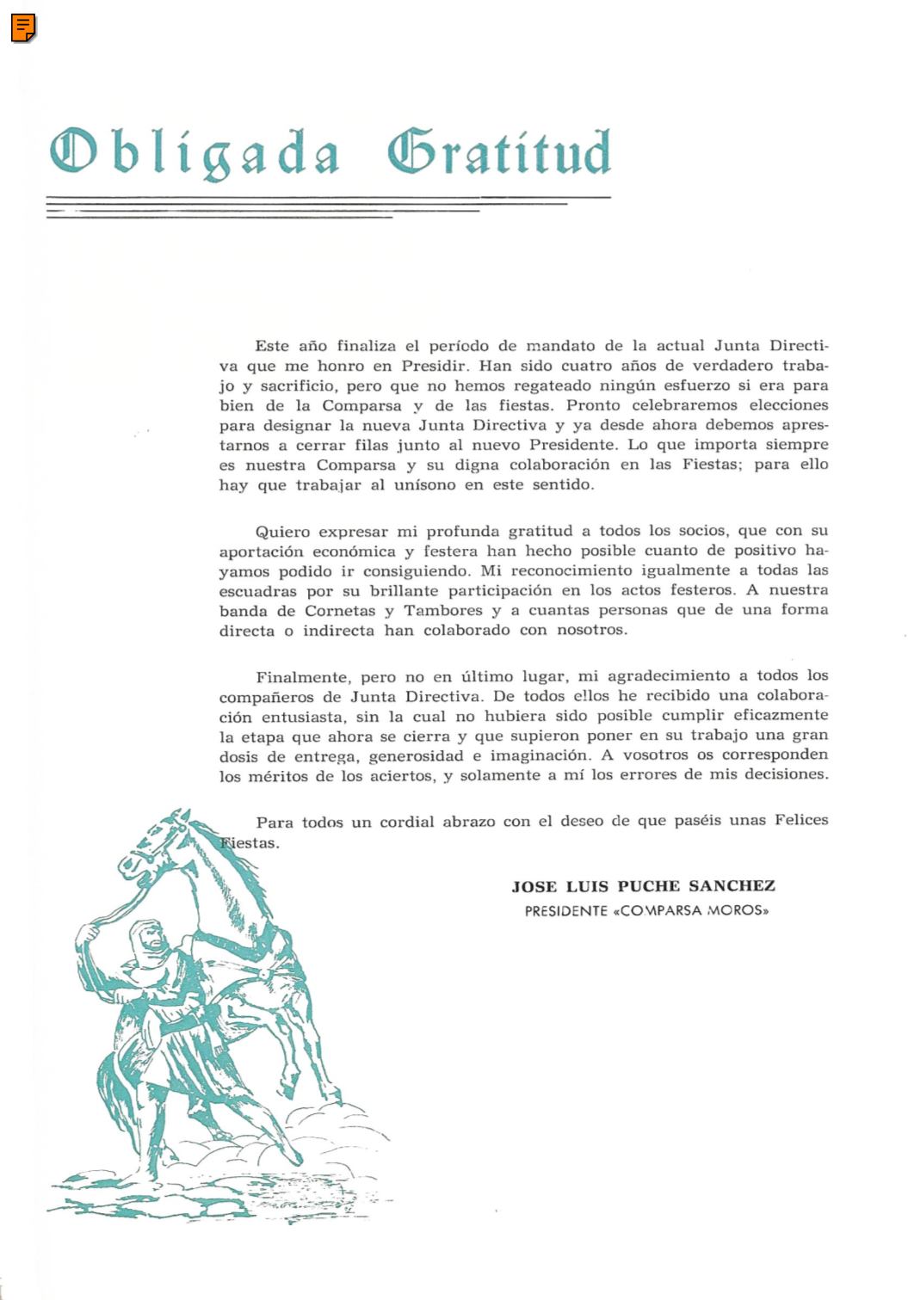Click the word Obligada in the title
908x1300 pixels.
pyautogui.click(x=194, y=154)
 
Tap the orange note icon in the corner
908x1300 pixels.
pyautogui.click(x=23, y=28)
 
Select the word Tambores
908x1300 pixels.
pyautogui.click(x=443, y=611)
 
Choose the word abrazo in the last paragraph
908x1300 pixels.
pyautogui.click(x=469, y=822)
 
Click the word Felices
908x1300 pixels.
pyautogui.click(x=801, y=820)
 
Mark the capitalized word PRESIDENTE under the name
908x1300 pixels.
pyautogui.click(x=566, y=910)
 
